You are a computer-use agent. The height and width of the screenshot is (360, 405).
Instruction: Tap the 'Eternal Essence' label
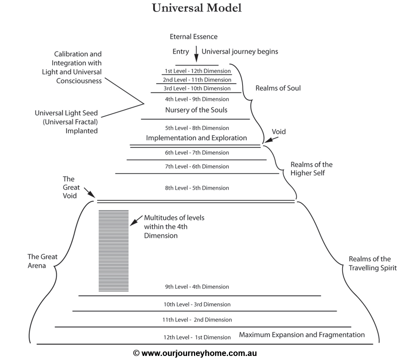click(194, 37)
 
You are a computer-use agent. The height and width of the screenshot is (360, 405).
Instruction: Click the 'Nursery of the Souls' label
click(196, 110)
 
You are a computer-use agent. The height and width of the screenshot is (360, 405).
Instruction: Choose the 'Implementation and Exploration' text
click(196, 138)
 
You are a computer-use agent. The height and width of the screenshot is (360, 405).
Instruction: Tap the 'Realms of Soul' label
click(278, 88)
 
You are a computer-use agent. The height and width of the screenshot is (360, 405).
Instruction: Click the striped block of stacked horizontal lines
click(113, 250)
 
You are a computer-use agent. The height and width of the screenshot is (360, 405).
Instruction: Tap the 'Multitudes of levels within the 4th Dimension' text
click(174, 226)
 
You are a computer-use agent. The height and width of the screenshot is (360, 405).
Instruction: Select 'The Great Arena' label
click(42, 261)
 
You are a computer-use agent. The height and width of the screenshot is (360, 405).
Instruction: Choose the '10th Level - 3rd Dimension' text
click(197, 304)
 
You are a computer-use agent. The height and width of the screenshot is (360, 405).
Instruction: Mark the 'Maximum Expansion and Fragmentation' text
click(302, 335)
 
